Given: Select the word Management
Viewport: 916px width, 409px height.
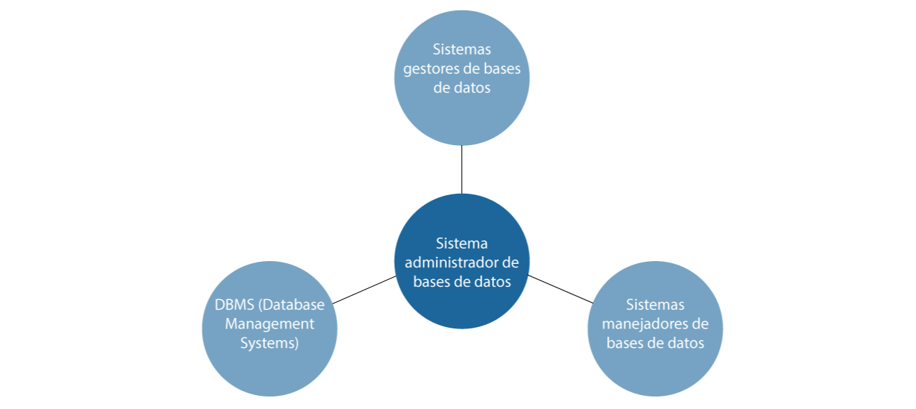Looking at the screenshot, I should [x=269, y=324].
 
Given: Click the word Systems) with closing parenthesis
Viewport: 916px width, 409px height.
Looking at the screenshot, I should [x=269, y=343].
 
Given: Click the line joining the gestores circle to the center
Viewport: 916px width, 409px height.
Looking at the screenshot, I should [x=462, y=169].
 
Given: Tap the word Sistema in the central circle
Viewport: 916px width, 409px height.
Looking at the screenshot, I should [x=461, y=243].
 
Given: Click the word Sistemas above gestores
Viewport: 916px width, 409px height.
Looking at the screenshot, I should [x=461, y=49].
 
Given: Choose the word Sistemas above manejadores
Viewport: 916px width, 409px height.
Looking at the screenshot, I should [x=655, y=304].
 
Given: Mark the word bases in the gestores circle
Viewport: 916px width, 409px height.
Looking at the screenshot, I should [x=502, y=69].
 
